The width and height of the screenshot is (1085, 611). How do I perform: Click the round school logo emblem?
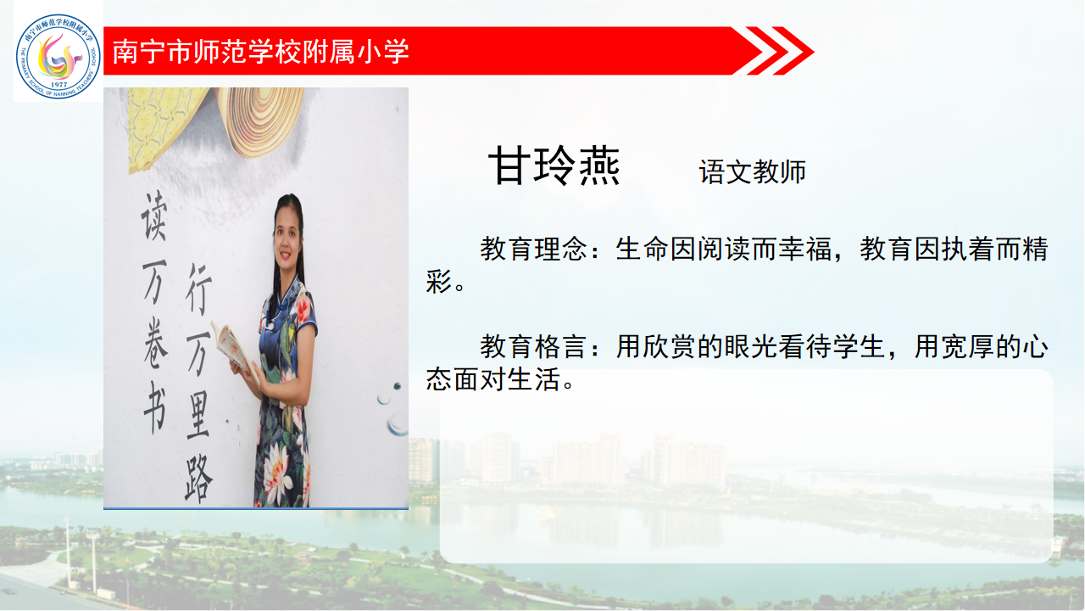point(58,56)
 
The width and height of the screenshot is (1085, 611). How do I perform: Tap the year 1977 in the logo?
point(59,84)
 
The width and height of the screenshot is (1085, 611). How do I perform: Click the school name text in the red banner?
point(260,52)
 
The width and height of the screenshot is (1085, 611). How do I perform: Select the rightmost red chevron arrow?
point(793,50)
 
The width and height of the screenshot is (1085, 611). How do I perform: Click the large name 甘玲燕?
point(554,165)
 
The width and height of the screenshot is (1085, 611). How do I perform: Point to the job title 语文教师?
point(752,171)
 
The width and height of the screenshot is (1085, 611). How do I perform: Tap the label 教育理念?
point(534,249)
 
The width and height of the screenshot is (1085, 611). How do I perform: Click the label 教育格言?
point(534,346)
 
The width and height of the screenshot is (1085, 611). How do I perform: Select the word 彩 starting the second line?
point(439,281)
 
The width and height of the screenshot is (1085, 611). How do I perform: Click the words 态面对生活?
point(492,378)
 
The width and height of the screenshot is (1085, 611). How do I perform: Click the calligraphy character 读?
point(154,216)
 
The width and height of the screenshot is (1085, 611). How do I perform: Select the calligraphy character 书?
point(155,407)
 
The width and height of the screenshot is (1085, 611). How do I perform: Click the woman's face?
point(288,236)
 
